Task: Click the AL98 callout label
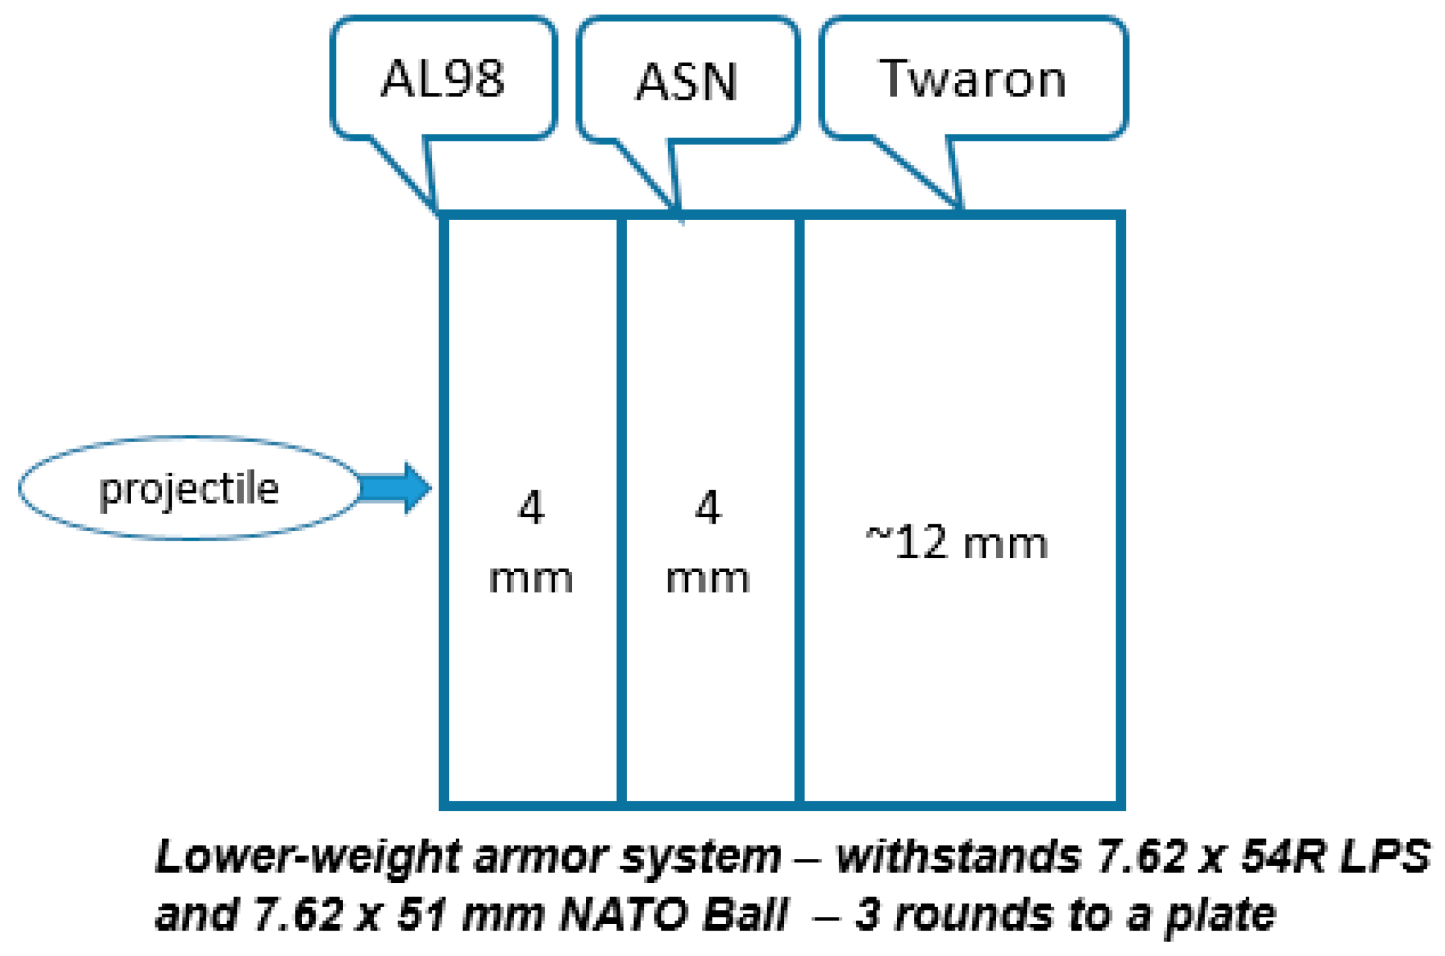(443, 79)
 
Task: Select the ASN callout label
(687, 82)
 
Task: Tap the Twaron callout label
(973, 79)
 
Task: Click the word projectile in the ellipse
(189, 489)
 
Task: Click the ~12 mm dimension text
(956, 543)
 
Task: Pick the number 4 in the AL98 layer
(531, 507)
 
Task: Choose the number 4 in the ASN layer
(708, 507)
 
